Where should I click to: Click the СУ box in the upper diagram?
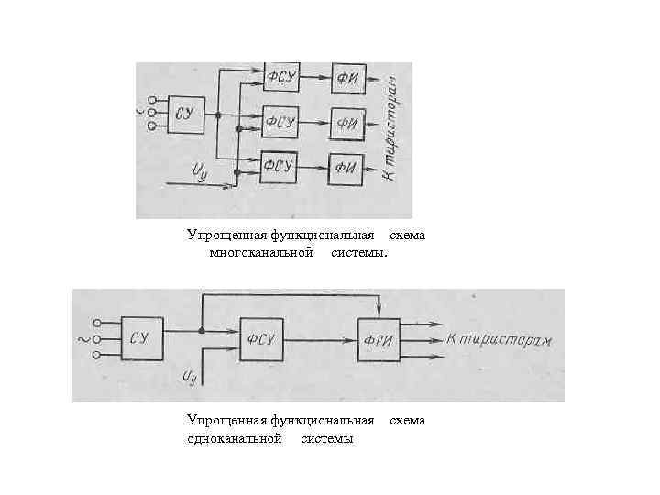click(x=186, y=115)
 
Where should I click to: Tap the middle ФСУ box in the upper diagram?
click(x=280, y=121)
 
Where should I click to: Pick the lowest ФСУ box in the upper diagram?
click(x=279, y=165)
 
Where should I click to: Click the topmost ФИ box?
click(x=347, y=77)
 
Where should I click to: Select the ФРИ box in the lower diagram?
click(x=379, y=339)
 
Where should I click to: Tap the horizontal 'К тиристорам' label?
click(x=500, y=340)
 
